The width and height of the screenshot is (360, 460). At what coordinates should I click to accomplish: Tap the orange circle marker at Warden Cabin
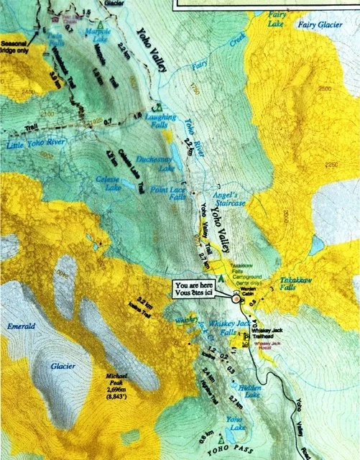tap(237, 298)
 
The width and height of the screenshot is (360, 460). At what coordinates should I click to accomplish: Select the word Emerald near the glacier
tap(21, 326)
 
